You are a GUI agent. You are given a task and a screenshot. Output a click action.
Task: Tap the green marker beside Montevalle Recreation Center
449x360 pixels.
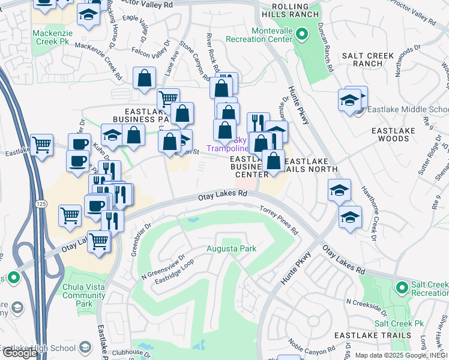tap(303, 34)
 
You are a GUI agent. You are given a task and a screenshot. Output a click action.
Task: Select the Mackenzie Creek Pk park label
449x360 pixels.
tap(54, 37)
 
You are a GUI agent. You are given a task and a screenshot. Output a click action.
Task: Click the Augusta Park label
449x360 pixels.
tap(231, 248)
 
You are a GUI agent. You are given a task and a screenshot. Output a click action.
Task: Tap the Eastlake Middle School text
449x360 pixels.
tap(407, 110)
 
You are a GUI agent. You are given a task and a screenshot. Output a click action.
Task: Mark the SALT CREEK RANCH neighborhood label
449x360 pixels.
tap(367, 59)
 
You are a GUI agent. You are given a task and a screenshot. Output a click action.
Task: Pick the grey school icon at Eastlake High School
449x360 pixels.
tap(85, 347)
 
